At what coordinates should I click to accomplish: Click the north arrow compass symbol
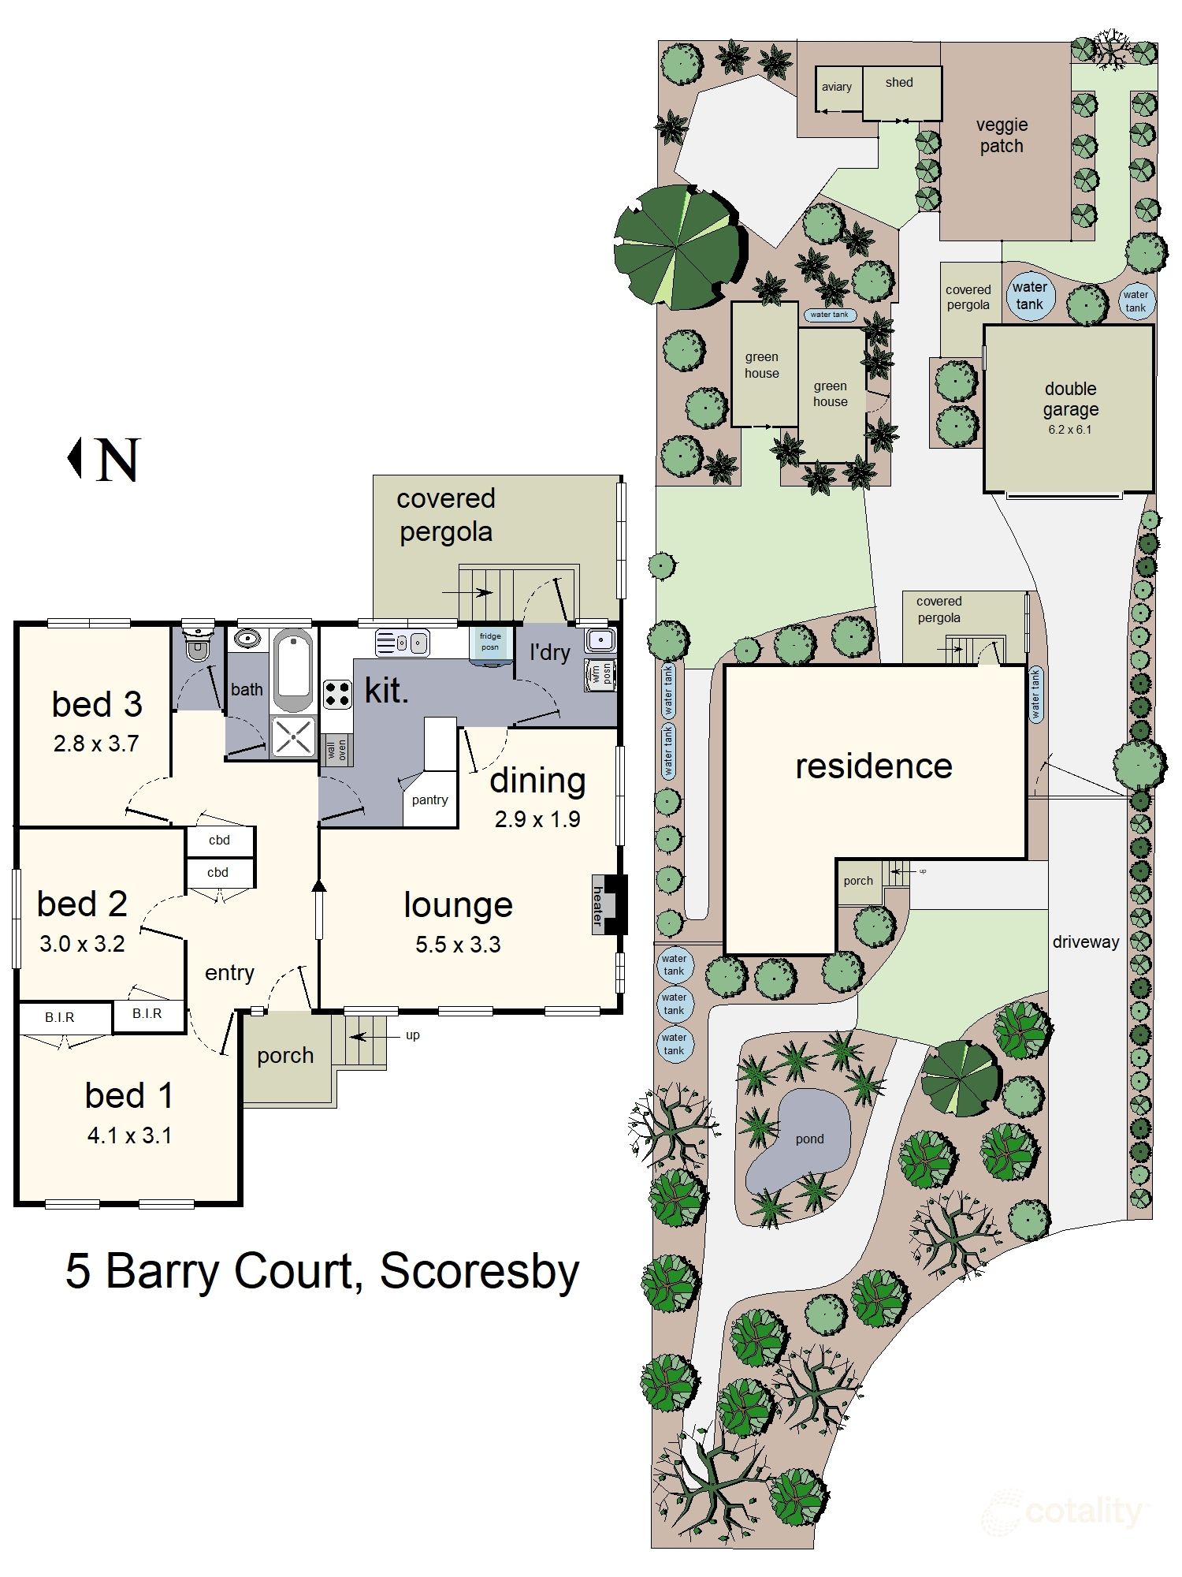(103, 460)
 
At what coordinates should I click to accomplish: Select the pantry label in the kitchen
(429, 800)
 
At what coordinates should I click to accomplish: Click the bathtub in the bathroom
(294, 671)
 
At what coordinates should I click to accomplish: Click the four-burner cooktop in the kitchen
(337, 694)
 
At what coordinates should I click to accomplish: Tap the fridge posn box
(490, 642)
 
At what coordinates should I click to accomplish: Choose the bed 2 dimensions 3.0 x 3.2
(82, 944)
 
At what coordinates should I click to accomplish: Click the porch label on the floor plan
(285, 1055)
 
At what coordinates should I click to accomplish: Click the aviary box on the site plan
(837, 88)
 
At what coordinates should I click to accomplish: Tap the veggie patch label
(1002, 136)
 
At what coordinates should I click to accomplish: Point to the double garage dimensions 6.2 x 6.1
(1069, 430)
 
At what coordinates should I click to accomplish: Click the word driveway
(1085, 941)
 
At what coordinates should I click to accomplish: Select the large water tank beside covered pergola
(1029, 296)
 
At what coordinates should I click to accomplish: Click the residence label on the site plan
(873, 766)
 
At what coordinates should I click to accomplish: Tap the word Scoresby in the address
(479, 1272)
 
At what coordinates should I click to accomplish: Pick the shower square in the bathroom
(293, 737)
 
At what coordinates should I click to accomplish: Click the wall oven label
(336, 749)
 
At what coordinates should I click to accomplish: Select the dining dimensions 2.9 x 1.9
(537, 819)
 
